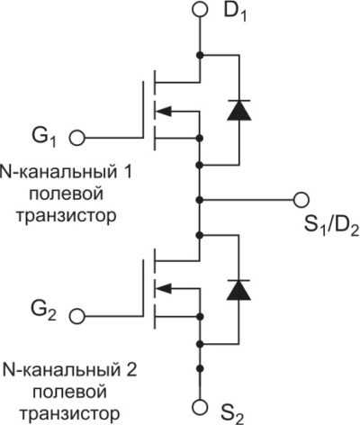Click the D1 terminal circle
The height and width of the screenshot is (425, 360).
click(200, 9)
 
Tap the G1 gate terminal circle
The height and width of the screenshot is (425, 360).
click(77, 138)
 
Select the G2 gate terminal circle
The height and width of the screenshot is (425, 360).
click(77, 316)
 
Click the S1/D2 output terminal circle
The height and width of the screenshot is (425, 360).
click(301, 200)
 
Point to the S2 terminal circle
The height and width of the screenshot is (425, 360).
click(200, 407)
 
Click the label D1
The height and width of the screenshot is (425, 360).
click(235, 12)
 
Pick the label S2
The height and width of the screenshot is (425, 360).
click(232, 415)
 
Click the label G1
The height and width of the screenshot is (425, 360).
click(43, 138)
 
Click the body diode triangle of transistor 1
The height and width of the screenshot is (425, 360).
click(239, 110)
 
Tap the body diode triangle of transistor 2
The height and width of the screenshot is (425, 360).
click(238, 290)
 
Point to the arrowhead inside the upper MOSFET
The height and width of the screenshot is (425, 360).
click(164, 112)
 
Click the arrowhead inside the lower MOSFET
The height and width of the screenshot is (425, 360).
click(164, 289)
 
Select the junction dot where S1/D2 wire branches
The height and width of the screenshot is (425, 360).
click(200, 200)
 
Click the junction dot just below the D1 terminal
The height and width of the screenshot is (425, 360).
click(200, 55)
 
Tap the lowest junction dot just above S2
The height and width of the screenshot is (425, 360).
click(200, 368)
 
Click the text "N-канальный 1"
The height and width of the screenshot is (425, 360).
click(66, 173)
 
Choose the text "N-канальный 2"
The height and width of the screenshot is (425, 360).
click(69, 370)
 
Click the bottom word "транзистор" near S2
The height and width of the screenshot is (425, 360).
click(69, 413)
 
